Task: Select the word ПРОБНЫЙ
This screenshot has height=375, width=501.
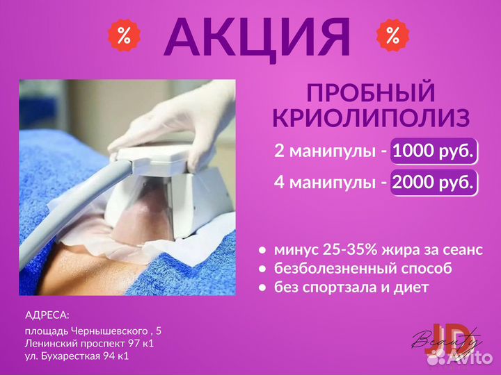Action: [x=371, y=93]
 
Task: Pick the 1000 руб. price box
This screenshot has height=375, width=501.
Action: [x=434, y=150]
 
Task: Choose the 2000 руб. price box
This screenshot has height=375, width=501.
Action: [x=434, y=182]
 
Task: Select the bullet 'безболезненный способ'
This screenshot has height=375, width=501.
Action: [x=363, y=268]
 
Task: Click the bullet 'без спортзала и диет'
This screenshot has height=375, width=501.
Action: [x=351, y=286]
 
